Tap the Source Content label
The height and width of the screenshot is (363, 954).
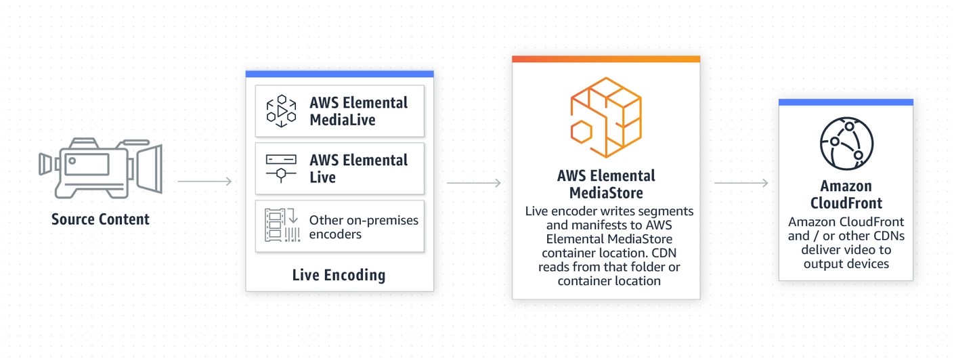point(100,219)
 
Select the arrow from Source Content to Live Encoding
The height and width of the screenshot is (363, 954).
point(204,181)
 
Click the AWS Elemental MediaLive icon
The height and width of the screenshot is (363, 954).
point(280,111)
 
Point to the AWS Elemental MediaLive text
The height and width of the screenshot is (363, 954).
point(358,111)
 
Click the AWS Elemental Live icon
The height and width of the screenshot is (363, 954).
point(280,168)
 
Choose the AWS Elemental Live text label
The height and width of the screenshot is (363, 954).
point(358,169)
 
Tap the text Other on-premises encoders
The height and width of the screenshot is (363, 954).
point(364,227)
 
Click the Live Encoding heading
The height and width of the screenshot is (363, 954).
point(339,275)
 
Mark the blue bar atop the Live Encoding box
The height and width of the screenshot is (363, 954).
point(339,74)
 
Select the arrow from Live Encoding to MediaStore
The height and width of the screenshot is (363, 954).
point(473,183)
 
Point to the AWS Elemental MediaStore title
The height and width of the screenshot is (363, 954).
point(606,184)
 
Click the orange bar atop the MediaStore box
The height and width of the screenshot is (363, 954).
point(605,59)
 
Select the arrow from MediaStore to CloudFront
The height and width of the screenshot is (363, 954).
point(741,183)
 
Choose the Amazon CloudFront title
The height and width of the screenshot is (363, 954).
point(846,194)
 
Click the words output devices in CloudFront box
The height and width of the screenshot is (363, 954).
point(846,263)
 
